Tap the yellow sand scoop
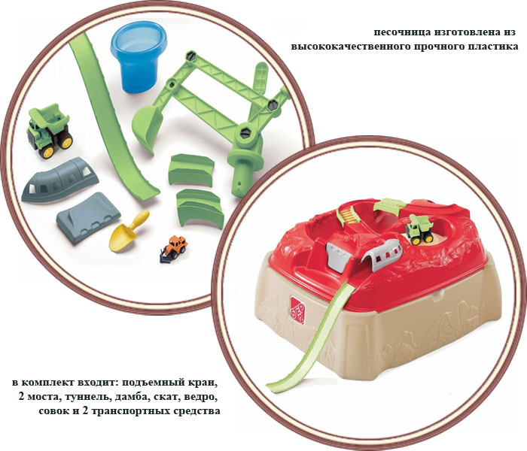128,232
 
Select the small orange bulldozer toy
174,248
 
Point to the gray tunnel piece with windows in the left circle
59,180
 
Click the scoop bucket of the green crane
148,129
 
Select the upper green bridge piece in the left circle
191,170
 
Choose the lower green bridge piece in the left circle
199,208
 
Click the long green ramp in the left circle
111,117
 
